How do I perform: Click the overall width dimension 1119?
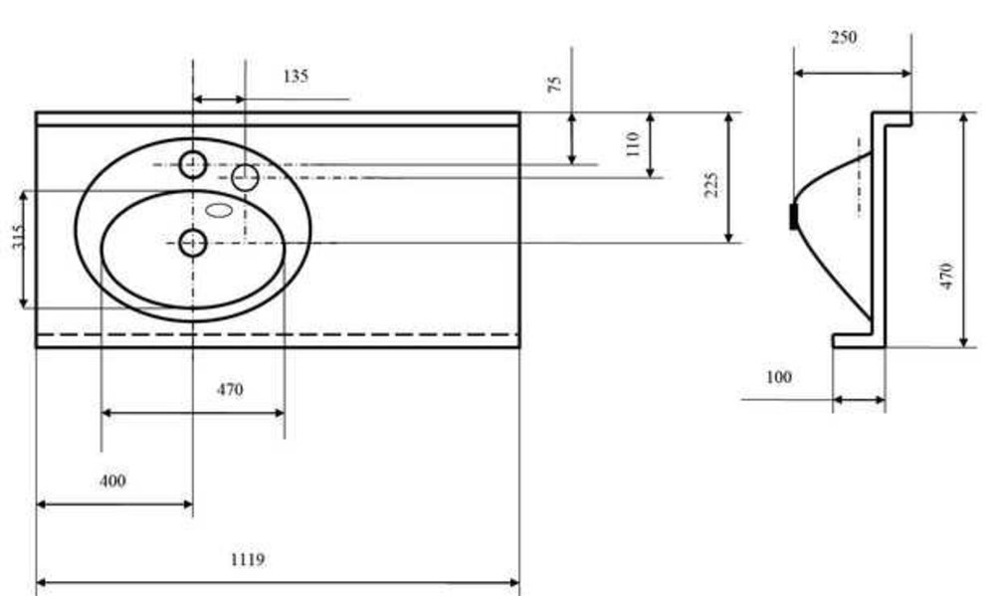pyautogui.click(x=247, y=559)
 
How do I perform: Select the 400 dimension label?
pyautogui.click(x=112, y=481)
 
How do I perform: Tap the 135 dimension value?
pyautogui.click(x=296, y=77)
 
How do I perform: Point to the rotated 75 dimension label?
pyautogui.click(x=554, y=84)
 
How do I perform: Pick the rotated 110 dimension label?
pyautogui.click(x=632, y=144)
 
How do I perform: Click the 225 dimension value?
pyautogui.click(x=712, y=185)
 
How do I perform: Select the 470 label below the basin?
pyautogui.click(x=230, y=389)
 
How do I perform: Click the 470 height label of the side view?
pyautogui.click(x=946, y=276)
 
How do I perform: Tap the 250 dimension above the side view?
pyautogui.click(x=844, y=38)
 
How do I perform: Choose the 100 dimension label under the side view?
pyautogui.click(x=779, y=377)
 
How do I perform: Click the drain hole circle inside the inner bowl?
pyautogui.click(x=193, y=243)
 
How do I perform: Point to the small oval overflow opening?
pyautogui.click(x=219, y=210)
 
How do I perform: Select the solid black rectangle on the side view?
pyautogui.click(x=793, y=217)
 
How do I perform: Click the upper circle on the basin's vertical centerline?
pyautogui.click(x=193, y=165)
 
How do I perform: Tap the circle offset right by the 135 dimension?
pyautogui.click(x=245, y=178)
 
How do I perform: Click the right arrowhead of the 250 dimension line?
pyautogui.click(x=906, y=73)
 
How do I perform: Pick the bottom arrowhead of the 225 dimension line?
pyautogui.click(x=729, y=237)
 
